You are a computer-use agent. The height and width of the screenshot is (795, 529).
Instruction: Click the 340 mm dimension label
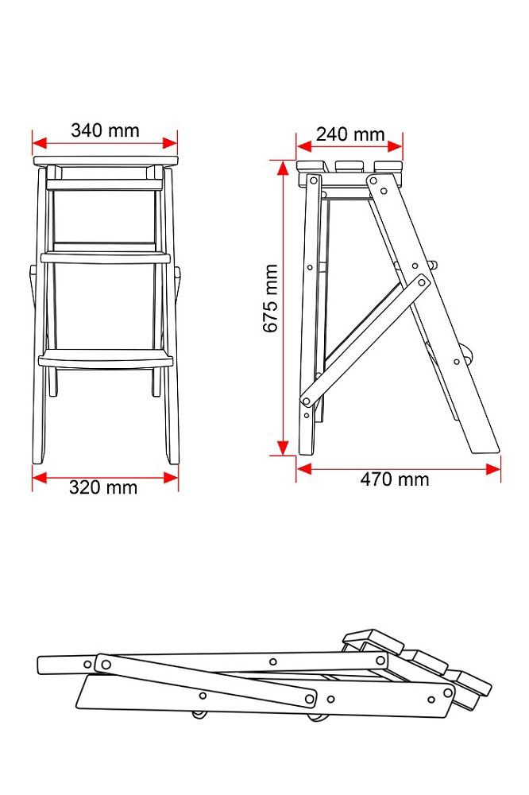pyautogui.click(x=105, y=131)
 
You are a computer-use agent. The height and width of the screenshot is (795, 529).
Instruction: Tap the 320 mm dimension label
pyautogui.click(x=103, y=488)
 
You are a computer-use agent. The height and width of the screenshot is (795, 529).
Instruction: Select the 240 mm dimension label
pyautogui.click(x=350, y=134)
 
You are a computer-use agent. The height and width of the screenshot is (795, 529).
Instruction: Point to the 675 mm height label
pyautogui.click(x=271, y=299)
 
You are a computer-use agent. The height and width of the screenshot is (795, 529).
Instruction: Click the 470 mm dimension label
pyautogui.click(x=395, y=479)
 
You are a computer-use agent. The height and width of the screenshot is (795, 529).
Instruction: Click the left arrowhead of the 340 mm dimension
pyautogui.click(x=39, y=143)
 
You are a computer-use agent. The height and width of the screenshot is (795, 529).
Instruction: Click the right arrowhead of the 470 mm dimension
pyautogui.click(x=493, y=469)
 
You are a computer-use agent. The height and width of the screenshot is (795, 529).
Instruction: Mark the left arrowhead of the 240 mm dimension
pyautogui.click(x=304, y=146)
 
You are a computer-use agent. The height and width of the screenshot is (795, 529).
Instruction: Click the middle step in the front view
pyautogui.click(x=106, y=258)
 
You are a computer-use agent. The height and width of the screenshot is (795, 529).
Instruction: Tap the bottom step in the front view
pyautogui.click(x=106, y=359)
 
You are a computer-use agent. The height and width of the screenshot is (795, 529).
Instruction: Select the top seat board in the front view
pyautogui.click(x=106, y=161)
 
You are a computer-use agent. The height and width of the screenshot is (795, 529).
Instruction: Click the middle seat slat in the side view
pyautogui.click(x=349, y=167)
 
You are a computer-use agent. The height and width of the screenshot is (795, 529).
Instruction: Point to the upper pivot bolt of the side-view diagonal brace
pyautogui.click(x=422, y=282)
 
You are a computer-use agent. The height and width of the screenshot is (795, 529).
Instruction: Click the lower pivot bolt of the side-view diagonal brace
pyautogui.click(x=306, y=401)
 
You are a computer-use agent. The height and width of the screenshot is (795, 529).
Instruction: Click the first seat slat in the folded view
pyautogui.click(x=373, y=641)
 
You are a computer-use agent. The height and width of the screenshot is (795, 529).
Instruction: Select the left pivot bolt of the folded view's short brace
pyautogui.click(x=106, y=664)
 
